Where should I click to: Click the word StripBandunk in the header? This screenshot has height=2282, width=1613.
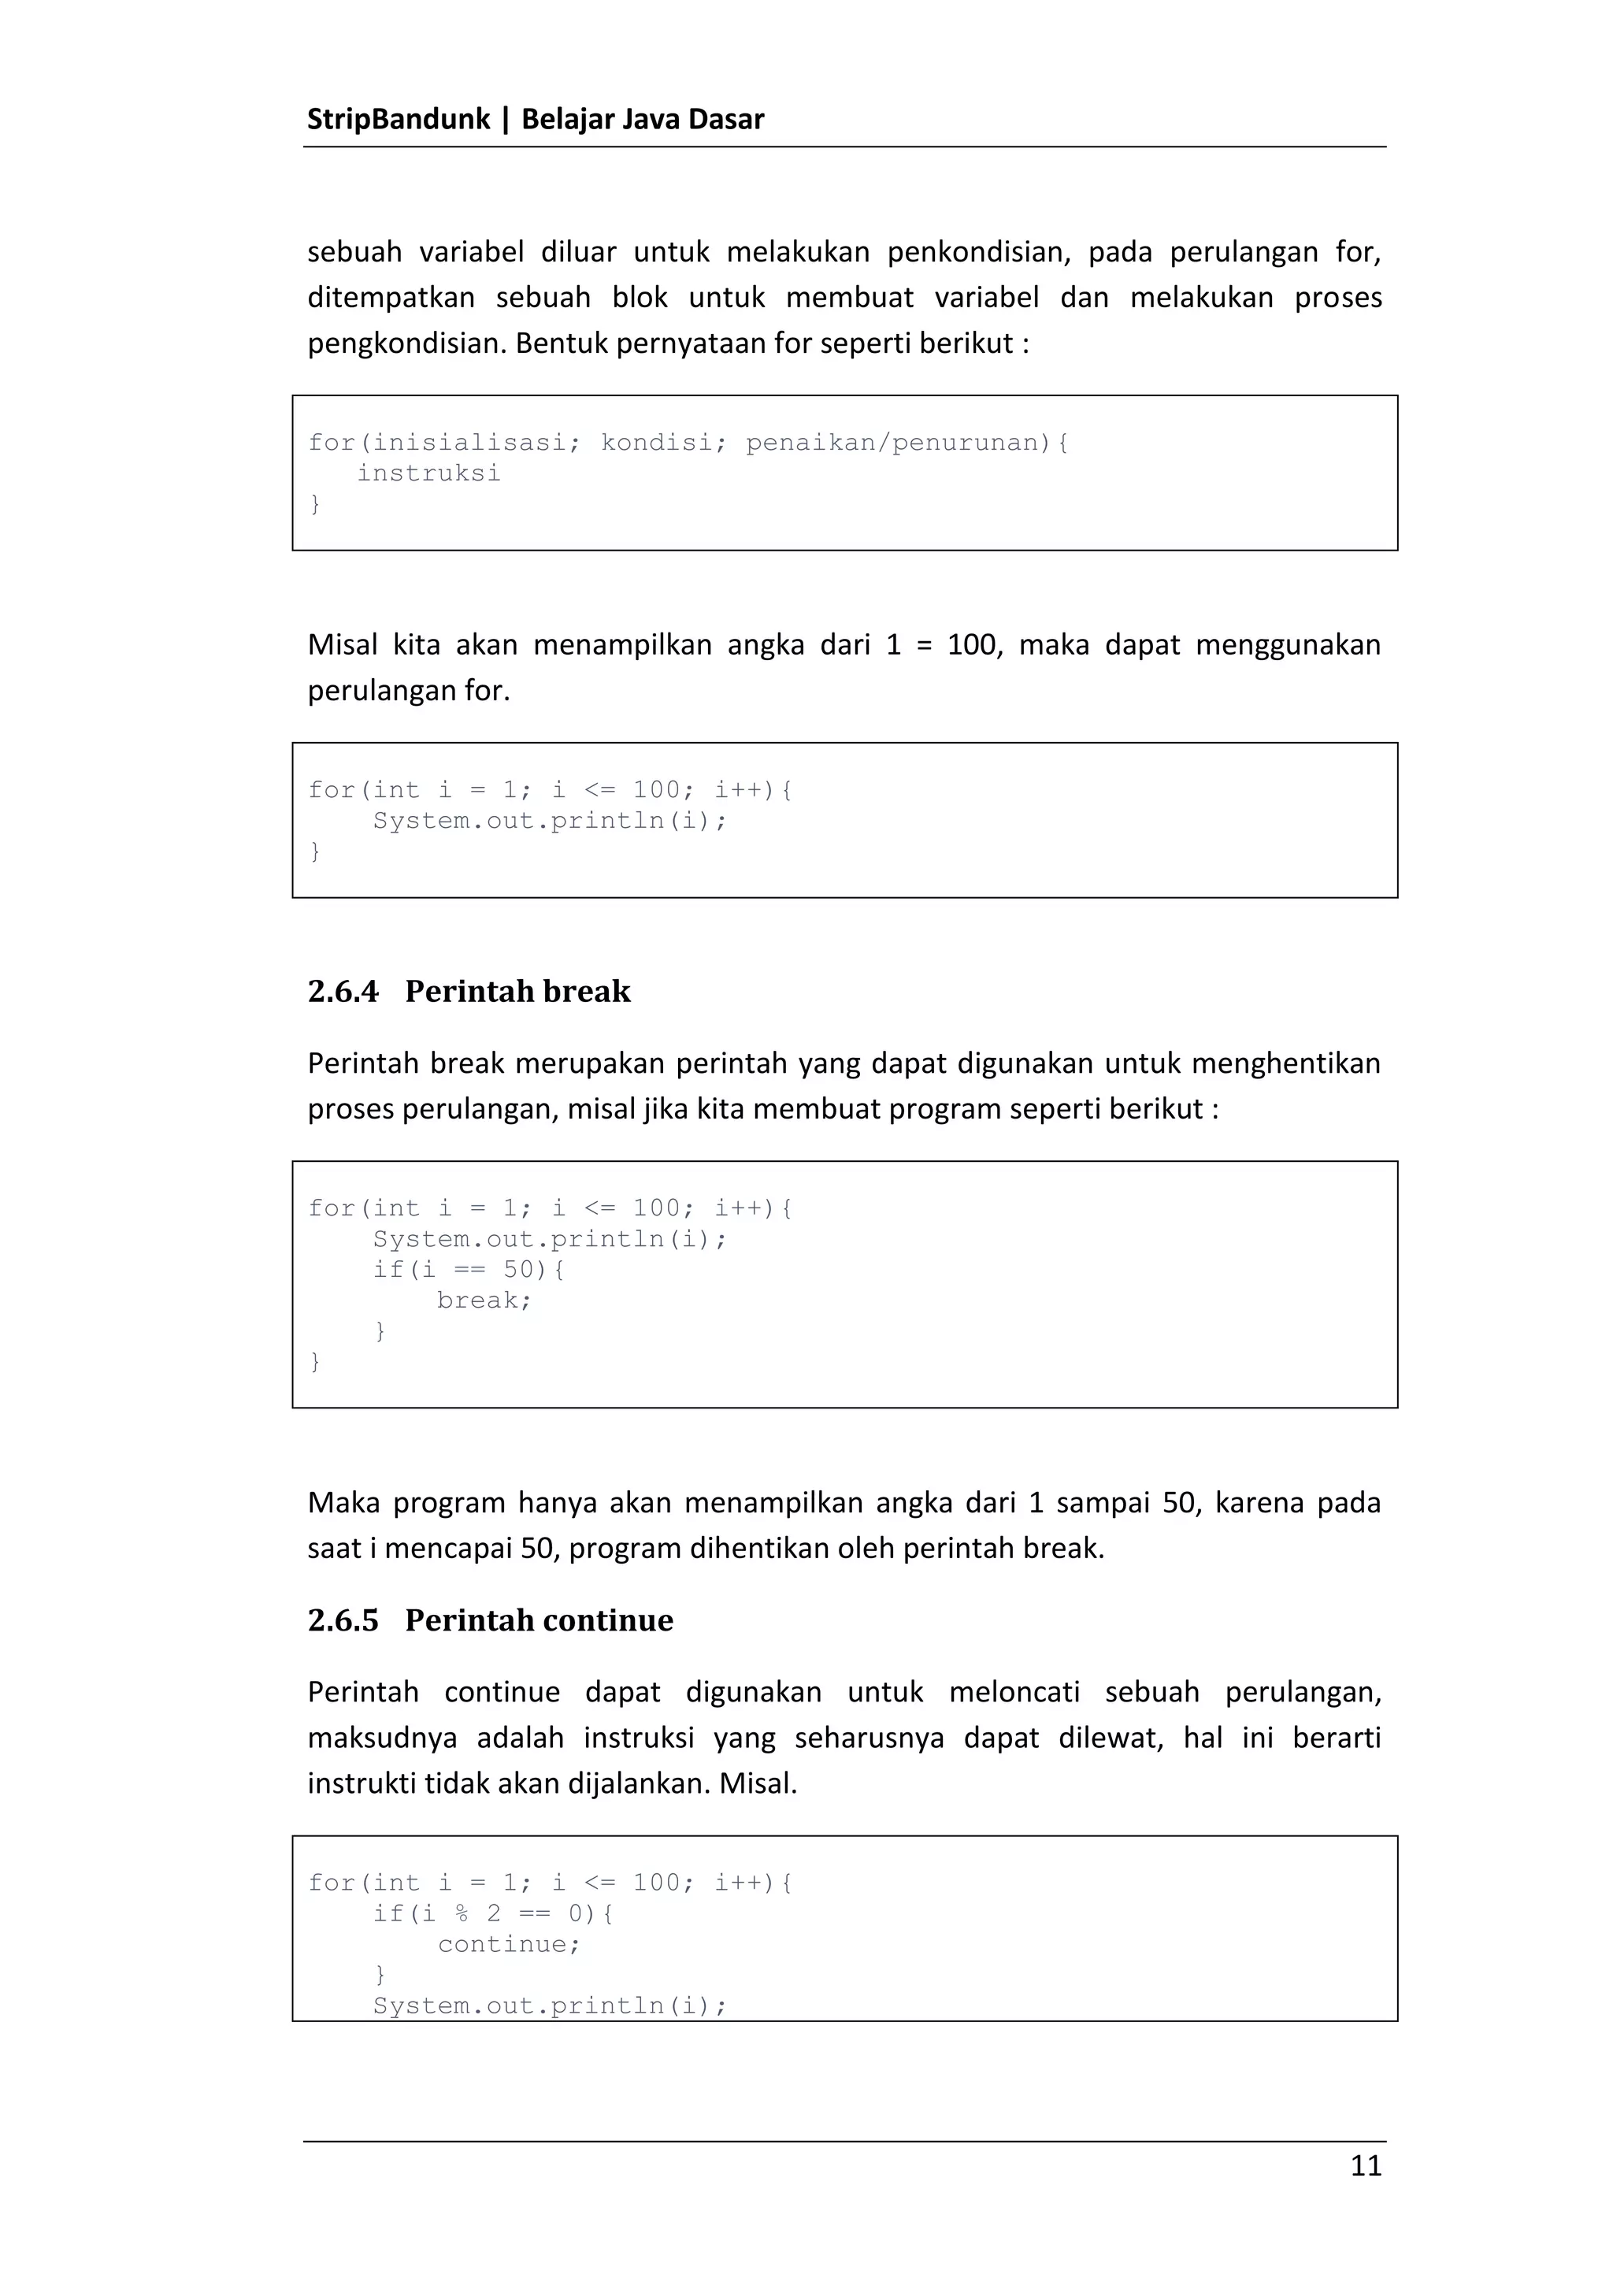pos(398,119)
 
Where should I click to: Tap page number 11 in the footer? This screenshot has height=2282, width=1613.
pos(1366,2165)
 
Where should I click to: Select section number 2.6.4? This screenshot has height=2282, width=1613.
pos(343,992)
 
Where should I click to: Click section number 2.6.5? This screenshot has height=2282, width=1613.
pos(343,1621)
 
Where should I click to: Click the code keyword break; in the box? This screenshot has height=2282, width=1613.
pos(485,1300)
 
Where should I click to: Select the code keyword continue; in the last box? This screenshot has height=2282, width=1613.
pos(509,1944)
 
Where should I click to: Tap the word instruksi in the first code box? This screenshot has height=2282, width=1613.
pos(428,473)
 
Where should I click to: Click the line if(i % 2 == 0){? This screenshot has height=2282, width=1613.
pos(493,1913)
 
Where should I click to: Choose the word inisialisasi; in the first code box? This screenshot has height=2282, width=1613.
pos(476,442)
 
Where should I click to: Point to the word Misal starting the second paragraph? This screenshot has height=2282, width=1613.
pos(342,645)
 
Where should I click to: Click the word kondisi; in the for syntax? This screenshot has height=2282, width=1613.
pos(657,442)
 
